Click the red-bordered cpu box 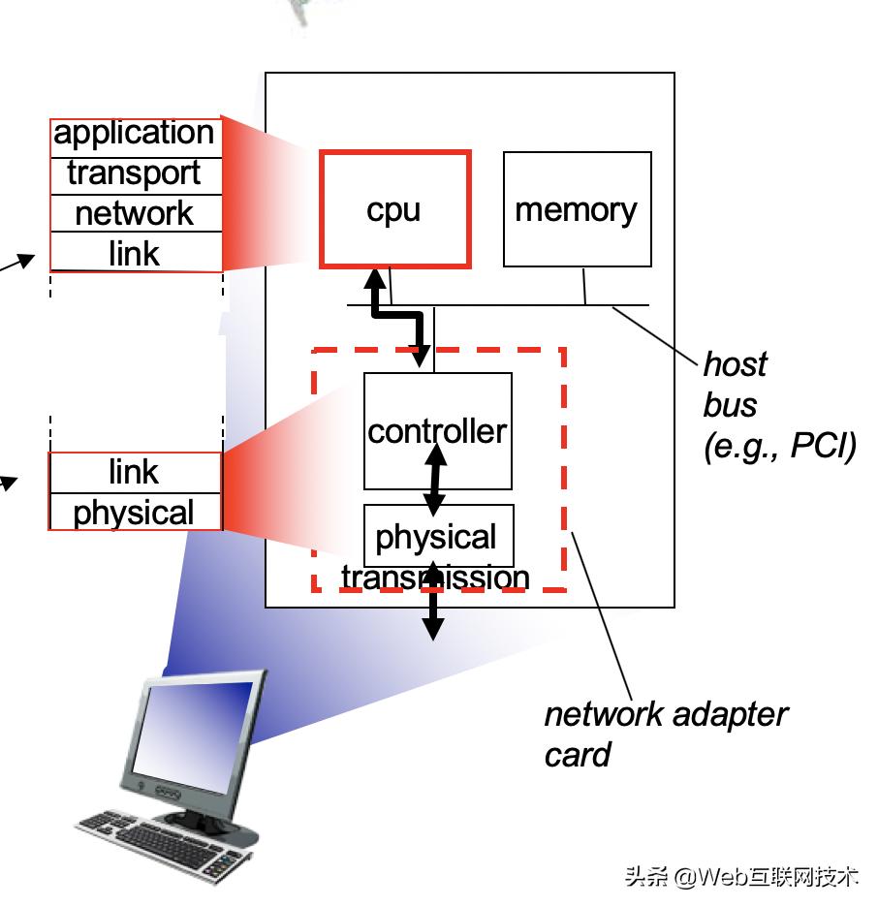point(394,208)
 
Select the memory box point(577,208)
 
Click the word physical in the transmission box point(436,536)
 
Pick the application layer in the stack point(135,134)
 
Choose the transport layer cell point(135,174)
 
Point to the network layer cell point(135,214)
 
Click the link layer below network point(135,254)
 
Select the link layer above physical point(135,472)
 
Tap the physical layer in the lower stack point(135,513)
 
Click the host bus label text point(734,385)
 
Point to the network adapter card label point(665,734)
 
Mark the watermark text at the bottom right point(741,877)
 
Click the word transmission point(435,579)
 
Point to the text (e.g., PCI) point(779,446)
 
